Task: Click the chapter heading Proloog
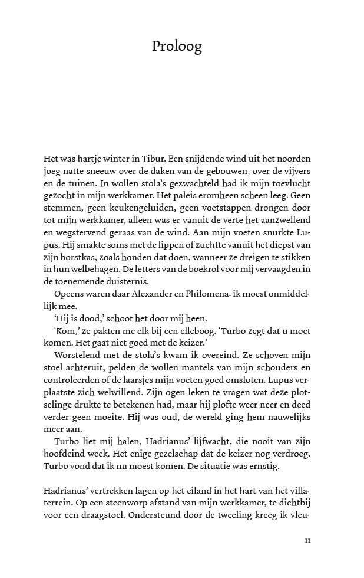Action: (x=176, y=47)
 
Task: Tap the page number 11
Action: (x=307, y=540)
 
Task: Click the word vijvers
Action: (x=295, y=171)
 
